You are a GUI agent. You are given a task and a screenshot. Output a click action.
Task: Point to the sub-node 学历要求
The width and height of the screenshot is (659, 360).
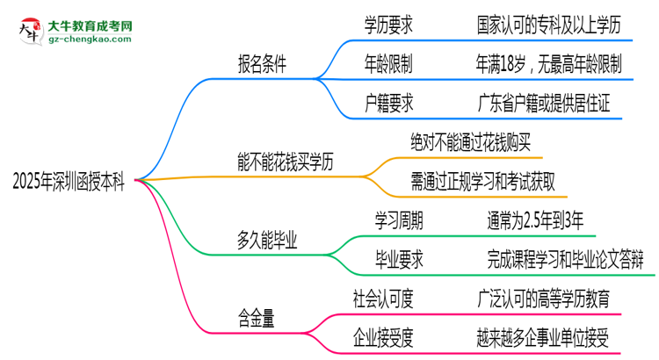(389, 26)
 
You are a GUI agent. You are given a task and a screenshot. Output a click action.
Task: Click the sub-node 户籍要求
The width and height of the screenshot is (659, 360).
(389, 104)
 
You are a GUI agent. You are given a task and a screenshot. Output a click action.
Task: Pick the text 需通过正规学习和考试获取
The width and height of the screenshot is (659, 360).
(482, 182)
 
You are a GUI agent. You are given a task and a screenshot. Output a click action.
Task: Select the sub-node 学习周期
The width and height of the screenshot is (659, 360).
(398, 220)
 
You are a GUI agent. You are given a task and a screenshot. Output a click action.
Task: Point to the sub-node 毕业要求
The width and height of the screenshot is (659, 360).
(398, 259)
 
